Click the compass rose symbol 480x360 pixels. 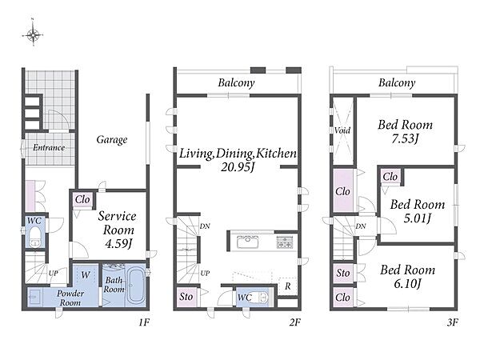[x=33, y=34]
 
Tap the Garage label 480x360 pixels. [x=112, y=139]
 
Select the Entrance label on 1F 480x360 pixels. [x=49, y=147]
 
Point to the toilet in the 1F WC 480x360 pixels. [x=34, y=236]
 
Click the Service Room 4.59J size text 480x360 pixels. [x=118, y=244]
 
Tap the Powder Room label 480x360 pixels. [x=70, y=298]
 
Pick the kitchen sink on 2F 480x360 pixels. [x=247, y=242]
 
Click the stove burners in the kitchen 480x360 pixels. [x=285, y=242]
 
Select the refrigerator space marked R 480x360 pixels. [x=287, y=286]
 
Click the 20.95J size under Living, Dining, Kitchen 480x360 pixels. [x=238, y=167]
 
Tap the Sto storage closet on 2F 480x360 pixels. [x=186, y=297]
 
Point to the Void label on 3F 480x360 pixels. [x=342, y=130]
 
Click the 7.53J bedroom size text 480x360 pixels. [x=405, y=138]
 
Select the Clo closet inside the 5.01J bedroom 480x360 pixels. [x=390, y=177]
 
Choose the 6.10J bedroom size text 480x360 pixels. [x=407, y=284]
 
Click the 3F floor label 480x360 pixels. [x=452, y=322]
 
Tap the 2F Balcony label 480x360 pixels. [x=236, y=83]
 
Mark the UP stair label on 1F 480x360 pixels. [x=54, y=273]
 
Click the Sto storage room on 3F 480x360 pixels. [x=343, y=273]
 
